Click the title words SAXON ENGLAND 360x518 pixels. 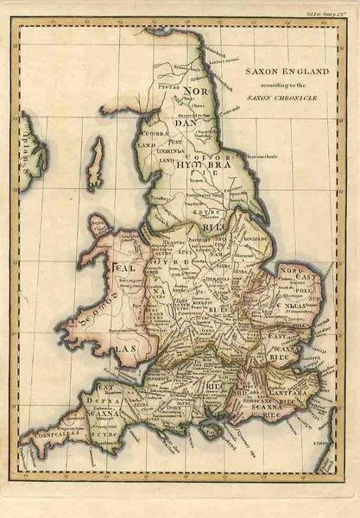point(284,72)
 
